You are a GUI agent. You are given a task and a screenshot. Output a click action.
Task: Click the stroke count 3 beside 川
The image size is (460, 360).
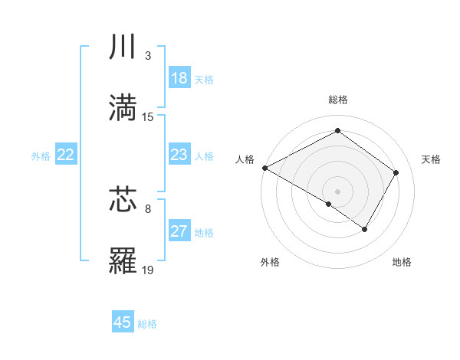click(x=148, y=57)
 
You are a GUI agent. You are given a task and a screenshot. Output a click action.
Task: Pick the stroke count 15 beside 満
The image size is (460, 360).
click(x=148, y=116)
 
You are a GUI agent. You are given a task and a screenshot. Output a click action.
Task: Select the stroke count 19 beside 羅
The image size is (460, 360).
click(x=148, y=270)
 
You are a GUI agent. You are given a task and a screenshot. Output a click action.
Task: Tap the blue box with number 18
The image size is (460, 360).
click(x=179, y=78)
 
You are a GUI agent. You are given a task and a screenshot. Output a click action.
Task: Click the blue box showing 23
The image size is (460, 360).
click(x=179, y=155)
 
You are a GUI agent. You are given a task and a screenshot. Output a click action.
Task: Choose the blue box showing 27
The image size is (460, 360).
click(x=179, y=231)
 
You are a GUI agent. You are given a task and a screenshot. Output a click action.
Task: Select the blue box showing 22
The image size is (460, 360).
click(x=65, y=155)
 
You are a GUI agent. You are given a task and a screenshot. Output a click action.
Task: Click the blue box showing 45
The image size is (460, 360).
click(x=123, y=322)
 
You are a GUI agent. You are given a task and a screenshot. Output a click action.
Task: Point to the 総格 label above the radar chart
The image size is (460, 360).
click(x=337, y=100)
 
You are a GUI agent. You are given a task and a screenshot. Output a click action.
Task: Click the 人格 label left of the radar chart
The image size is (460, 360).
click(x=245, y=159)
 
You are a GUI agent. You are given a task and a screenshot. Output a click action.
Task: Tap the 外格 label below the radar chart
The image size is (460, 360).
click(x=270, y=263)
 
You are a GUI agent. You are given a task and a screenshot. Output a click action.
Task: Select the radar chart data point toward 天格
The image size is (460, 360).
click(x=396, y=173)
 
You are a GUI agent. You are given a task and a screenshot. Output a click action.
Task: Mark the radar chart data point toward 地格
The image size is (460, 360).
click(x=365, y=229)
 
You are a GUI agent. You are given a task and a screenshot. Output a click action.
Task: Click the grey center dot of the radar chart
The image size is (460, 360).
click(x=337, y=191)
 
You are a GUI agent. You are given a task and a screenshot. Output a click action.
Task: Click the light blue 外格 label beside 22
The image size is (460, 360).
click(x=41, y=155)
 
